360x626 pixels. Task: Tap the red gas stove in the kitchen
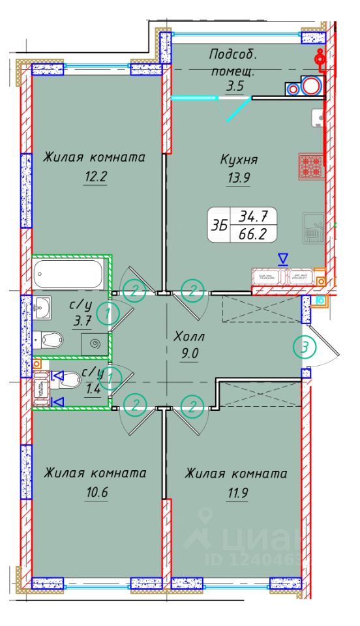tap(310, 165)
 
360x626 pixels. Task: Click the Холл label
tap(189, 337)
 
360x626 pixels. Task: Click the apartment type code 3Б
tap(219, 224)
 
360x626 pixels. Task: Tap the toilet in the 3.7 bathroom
tap(50, 338)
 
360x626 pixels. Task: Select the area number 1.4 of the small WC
tap(93, 391)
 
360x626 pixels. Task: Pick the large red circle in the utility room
tap(312, 86)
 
